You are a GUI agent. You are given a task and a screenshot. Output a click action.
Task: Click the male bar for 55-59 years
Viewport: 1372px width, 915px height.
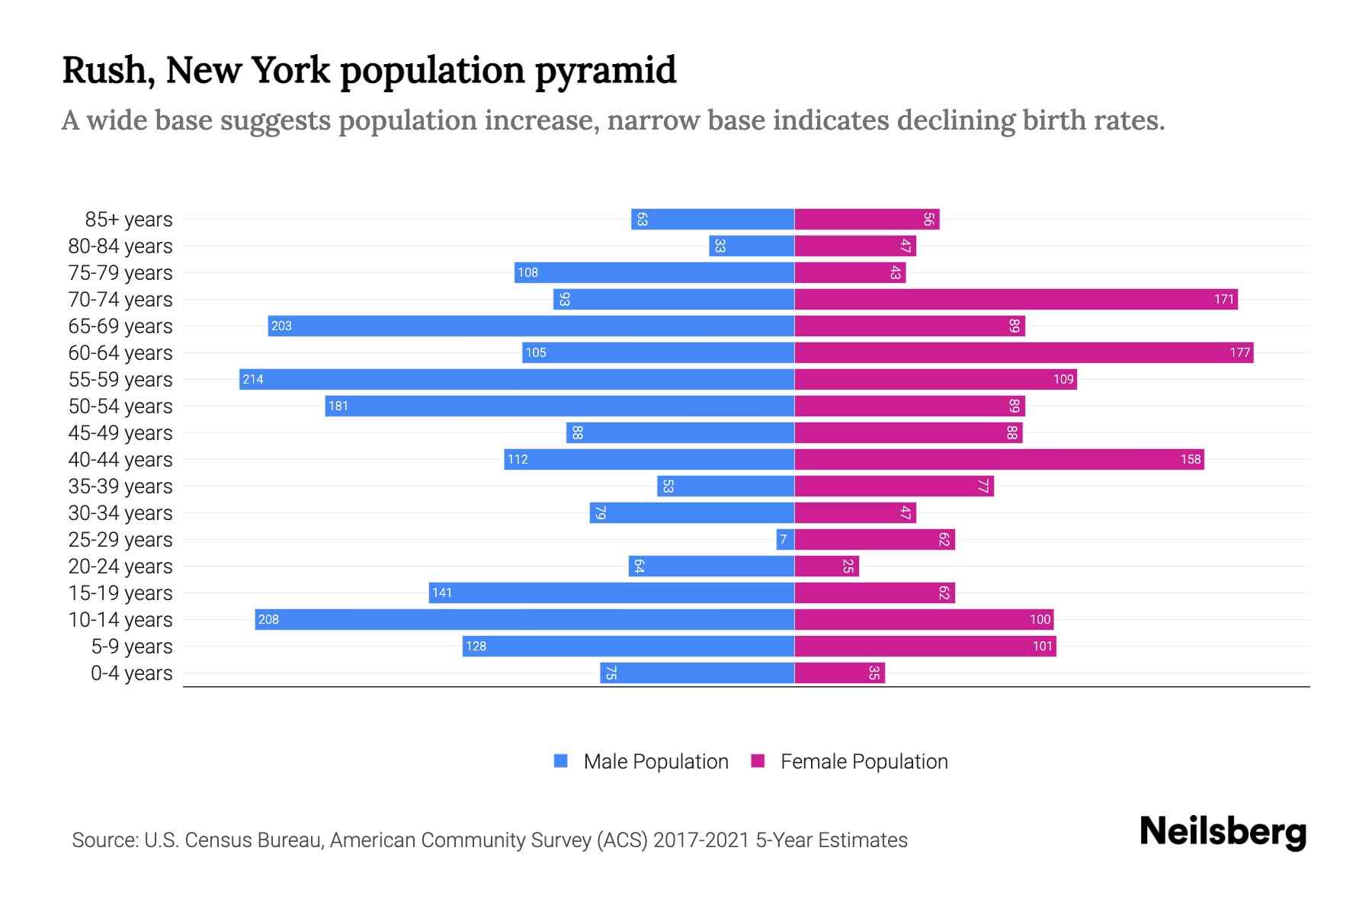click(517, 379)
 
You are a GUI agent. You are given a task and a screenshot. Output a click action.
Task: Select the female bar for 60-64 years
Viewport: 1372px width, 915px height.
click(1024, 352)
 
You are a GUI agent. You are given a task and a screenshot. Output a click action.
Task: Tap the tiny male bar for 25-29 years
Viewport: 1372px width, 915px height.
click(785, 539)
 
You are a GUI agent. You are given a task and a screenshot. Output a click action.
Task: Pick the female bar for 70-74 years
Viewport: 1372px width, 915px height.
click(1016, 299)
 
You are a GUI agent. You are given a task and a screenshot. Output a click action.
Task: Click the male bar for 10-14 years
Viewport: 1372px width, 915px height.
click(524, 619)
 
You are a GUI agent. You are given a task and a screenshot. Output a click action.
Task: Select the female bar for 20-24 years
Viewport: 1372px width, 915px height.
click(827, 566)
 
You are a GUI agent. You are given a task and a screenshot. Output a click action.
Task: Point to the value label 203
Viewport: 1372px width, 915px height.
click(281, 326)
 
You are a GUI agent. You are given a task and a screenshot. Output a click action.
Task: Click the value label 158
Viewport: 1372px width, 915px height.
click(1190, 459)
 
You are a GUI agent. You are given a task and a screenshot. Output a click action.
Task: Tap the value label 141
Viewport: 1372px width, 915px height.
click(442, 592)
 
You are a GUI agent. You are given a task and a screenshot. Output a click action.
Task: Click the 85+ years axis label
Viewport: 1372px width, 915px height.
click(128, 220)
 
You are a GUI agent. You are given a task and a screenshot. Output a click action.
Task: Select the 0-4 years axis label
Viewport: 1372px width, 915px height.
click(131, 673)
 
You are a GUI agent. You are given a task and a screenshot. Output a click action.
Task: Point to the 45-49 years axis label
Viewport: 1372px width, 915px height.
click(120, 433)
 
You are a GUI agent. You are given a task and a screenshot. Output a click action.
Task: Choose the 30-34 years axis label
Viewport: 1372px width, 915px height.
click(120, 513)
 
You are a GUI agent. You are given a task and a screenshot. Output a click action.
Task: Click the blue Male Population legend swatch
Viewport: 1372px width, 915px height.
click(561, 761)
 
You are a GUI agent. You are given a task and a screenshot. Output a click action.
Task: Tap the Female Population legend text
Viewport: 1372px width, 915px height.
click(864, 762)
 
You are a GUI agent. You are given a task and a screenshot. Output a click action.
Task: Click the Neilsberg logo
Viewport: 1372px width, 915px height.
click(1223, 832)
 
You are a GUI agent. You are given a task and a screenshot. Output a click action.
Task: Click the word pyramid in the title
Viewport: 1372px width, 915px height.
click(605, 70)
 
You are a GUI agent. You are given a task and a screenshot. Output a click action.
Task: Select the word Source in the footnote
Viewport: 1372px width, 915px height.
click(104, 840)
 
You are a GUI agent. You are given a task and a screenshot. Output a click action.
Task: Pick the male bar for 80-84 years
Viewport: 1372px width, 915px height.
click(752, 246)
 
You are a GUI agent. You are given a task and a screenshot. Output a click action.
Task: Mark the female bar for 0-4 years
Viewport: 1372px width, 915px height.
click(839, 673)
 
